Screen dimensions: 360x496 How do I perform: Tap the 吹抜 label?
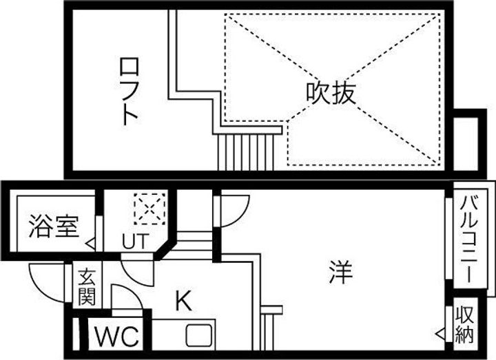[x=331, y=93]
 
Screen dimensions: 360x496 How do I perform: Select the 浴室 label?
[x=53, y=226]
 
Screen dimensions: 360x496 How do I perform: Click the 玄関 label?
[x=87, y=288]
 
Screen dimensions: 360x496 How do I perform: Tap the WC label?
[x=116, y=338]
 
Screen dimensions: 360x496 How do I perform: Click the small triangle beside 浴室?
[x=90, y=242]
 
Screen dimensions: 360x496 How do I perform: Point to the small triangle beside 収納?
[x=441, y=334]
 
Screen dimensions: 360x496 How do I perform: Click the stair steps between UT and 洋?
[x=194, y=242]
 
